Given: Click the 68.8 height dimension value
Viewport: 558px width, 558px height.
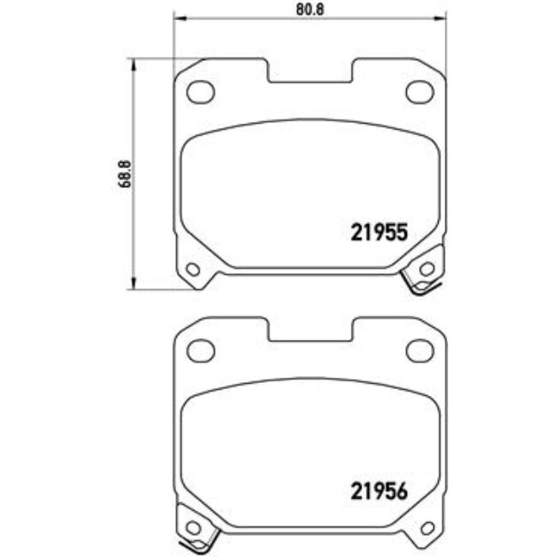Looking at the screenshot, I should (x=125, y=173).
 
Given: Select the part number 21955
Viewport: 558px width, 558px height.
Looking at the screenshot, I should (x=378, y=232).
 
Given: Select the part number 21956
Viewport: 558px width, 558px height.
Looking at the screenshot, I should (x=378, y=491).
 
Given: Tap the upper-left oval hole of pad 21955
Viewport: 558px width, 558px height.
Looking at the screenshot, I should (x=200, y=91).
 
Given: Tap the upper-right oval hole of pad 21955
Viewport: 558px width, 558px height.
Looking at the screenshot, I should (x=419, y=91).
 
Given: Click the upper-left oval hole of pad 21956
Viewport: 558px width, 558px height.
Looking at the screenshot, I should (x=200, y=349).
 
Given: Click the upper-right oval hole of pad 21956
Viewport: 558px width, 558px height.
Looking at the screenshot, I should (x=419, y=349).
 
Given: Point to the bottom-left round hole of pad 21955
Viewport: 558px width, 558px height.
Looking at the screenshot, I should (x=192, y=270).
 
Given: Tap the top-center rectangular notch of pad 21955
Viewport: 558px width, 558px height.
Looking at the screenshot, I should (x=311, y=73).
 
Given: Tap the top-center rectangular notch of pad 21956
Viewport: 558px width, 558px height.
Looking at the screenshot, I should (x=311, y=331).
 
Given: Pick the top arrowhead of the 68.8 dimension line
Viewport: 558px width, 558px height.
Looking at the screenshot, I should (x=132, y=63).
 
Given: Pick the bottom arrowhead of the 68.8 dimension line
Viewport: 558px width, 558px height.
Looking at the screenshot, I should (x=132, y=285).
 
